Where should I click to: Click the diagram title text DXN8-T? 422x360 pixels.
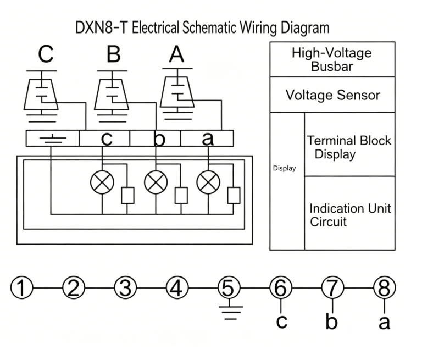[x=102, y=28]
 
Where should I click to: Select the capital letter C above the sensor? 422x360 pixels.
[x=46, y=54]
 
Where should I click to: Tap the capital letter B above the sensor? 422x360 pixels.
[x=113, y=54]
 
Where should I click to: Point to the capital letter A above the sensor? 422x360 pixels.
[x=176, y=54]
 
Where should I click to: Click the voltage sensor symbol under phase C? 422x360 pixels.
[x=42, y=93]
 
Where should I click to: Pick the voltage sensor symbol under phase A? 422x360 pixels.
[x=177, y=91]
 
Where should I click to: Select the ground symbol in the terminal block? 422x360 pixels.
[x=53, y=137]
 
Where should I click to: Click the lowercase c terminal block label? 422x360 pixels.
[x=107, y=139]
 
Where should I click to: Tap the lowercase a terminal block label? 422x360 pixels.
[x=208, y=139]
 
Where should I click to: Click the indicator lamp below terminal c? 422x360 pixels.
[x=102, y=182]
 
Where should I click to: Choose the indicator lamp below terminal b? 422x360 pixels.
[x=156, y=182]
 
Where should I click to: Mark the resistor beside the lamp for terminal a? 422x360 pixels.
[x=234, y=195]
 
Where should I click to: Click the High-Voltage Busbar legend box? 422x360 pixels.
[x=331, y=59]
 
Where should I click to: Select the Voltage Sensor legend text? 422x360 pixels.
[x=332, y=95]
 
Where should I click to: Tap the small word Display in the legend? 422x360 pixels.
[x=284, y=168]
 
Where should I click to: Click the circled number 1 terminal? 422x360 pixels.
[x=22, y=287]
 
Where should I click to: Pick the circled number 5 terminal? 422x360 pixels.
[x=228, y=287]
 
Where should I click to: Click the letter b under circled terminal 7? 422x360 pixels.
[x=331, y=322]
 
